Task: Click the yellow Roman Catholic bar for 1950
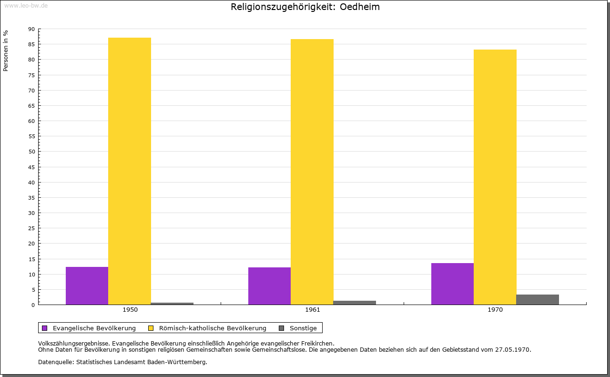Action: [130, 171]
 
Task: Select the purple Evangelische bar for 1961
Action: [270, 286]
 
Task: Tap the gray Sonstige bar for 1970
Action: [538, 300]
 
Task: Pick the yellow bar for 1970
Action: [495, 177]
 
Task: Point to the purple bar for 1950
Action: [87, 286]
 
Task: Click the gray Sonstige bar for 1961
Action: [355, 303]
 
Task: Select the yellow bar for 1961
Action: [312, 172]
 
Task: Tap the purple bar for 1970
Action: [453, 284]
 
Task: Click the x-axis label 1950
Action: [130, 310]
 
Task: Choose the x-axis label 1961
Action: [313, 310]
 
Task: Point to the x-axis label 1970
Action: [495, 310]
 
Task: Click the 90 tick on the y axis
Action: [31, 29]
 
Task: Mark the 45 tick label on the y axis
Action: [31, 167]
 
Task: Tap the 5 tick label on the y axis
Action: [33, 290]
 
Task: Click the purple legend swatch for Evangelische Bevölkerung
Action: [45, 328]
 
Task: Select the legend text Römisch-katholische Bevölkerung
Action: [213, 328]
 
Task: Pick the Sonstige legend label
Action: [303, 328]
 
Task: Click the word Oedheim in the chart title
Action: [359, 7]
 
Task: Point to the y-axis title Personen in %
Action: [6, 51]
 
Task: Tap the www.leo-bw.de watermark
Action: [26, 6]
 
